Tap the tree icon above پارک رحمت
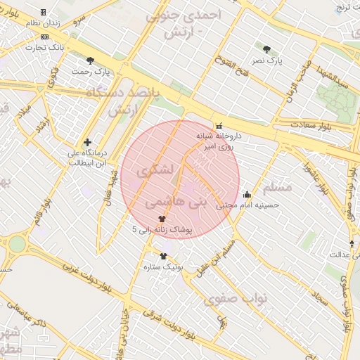tap(89, 60)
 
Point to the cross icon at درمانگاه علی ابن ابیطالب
tap(87, 142)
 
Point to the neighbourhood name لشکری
tap(155, 169)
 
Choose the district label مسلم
tap(276, 188)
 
